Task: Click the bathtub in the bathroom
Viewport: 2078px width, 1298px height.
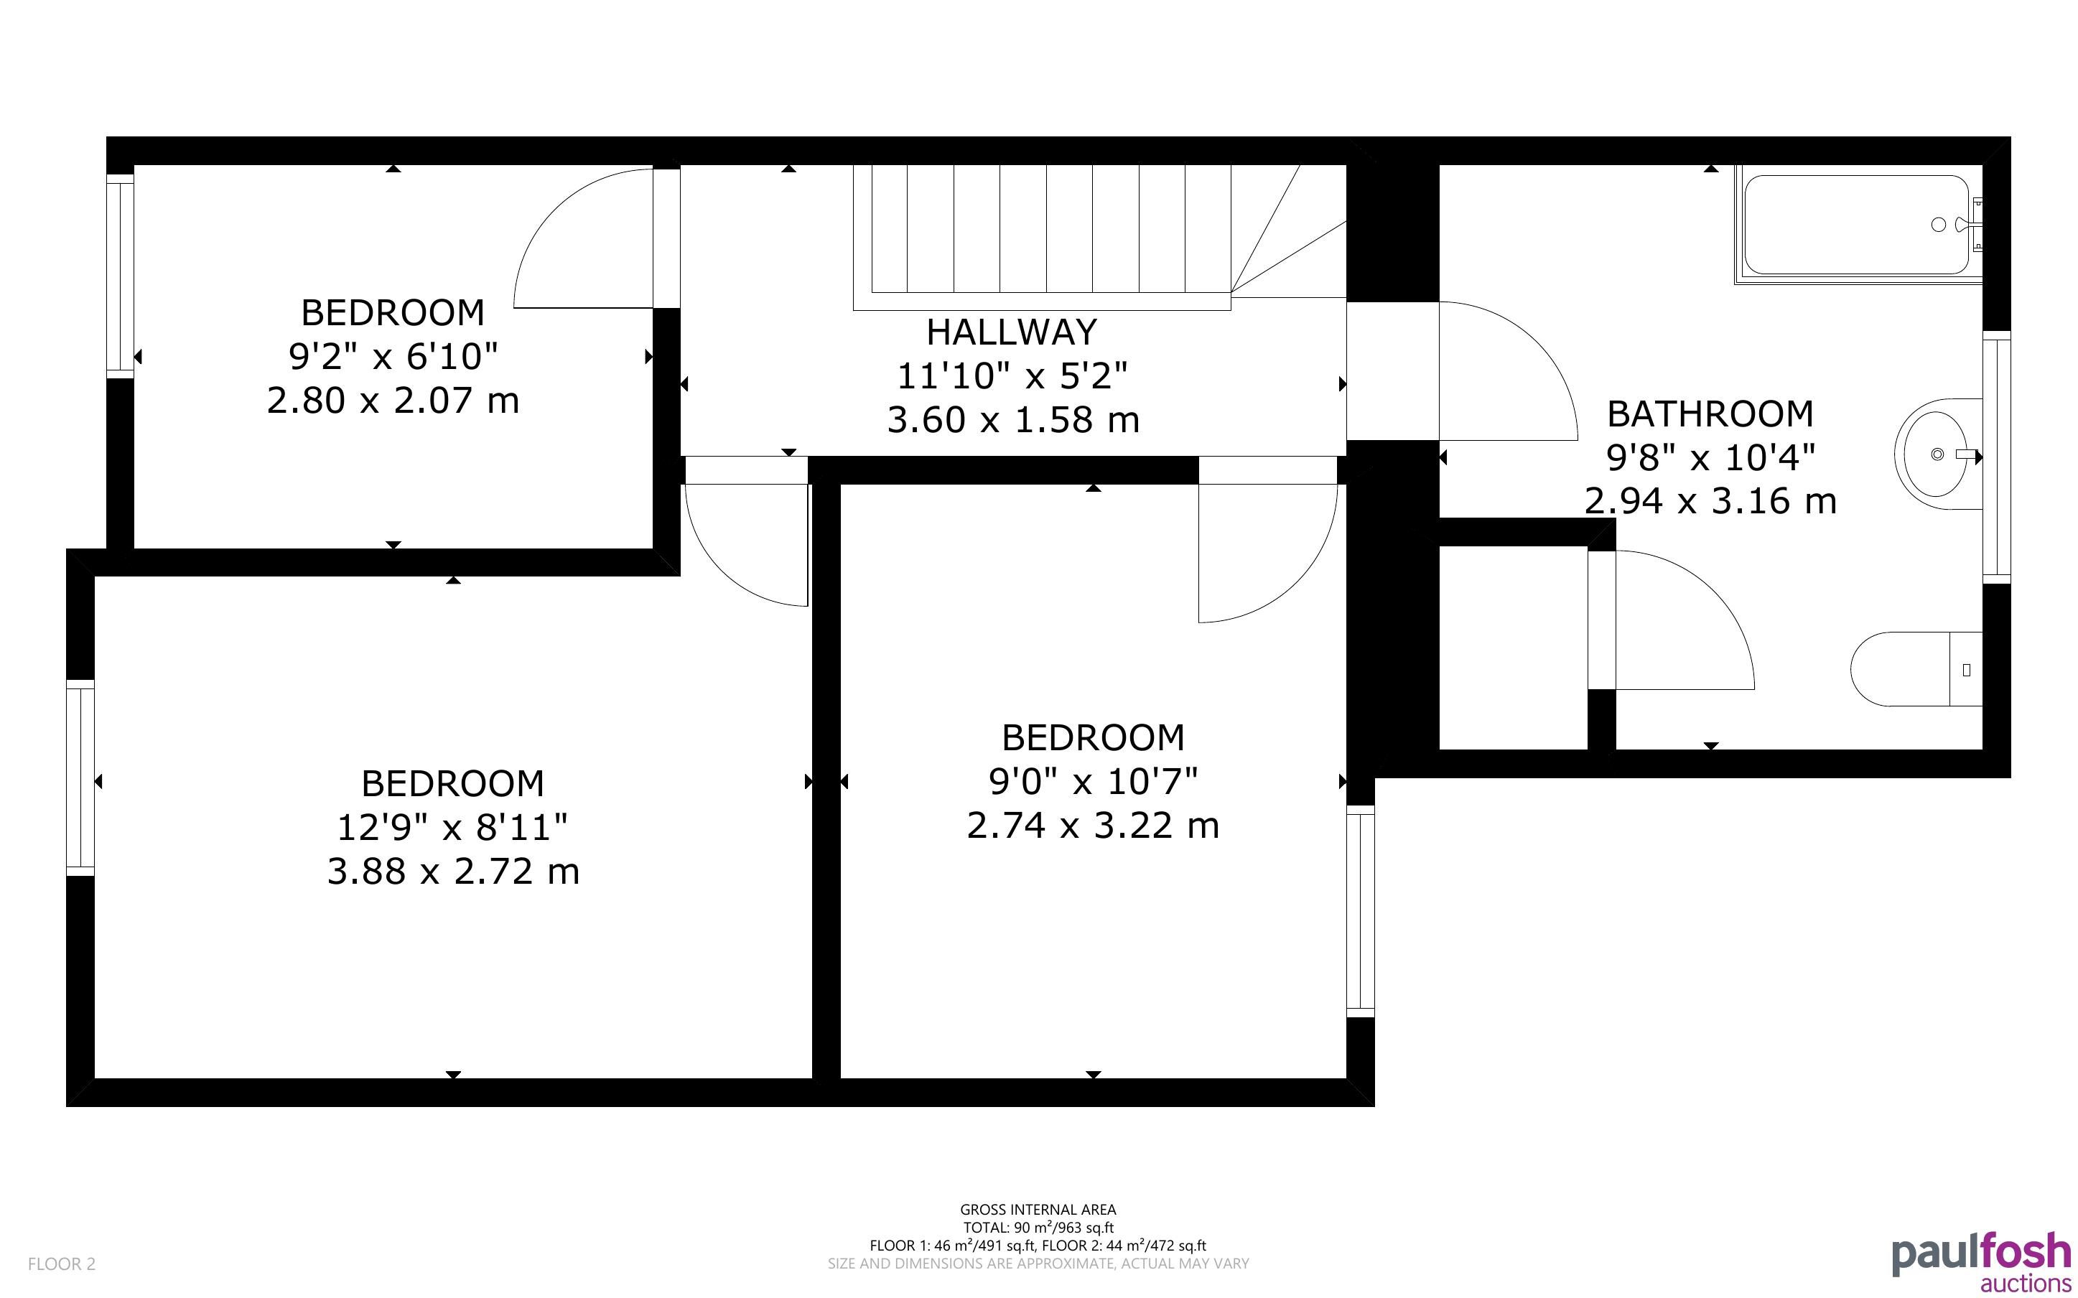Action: pos(1858,224)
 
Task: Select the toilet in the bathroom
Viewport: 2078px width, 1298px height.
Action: pos(1916,670)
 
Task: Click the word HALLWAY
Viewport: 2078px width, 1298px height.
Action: pos(1012,332)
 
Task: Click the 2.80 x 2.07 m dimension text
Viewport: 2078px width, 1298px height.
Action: pos(393,401)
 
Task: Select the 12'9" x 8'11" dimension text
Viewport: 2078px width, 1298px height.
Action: pos(452,828)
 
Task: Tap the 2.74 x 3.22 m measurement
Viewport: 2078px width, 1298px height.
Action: pos(1093,826)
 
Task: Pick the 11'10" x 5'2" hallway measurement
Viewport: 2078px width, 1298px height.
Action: pos(1012,376)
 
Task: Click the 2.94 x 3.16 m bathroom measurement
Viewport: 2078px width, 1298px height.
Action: pos(1710,501)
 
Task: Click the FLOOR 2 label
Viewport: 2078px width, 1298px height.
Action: pos(62,1264)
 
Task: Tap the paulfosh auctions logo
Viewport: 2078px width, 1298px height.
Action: pos(1981,1264)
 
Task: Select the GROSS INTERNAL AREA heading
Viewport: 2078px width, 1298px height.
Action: pos(1038,1210)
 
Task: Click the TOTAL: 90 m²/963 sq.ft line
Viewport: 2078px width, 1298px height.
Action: pos(1038,1228)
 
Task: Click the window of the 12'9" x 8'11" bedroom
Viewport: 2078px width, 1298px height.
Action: pos(80,777)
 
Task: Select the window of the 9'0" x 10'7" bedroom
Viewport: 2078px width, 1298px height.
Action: pos(1361,911)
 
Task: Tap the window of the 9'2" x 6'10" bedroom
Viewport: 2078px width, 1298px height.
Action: pos(120,276)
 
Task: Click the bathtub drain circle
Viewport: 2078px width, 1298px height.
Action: pos(1938,225)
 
